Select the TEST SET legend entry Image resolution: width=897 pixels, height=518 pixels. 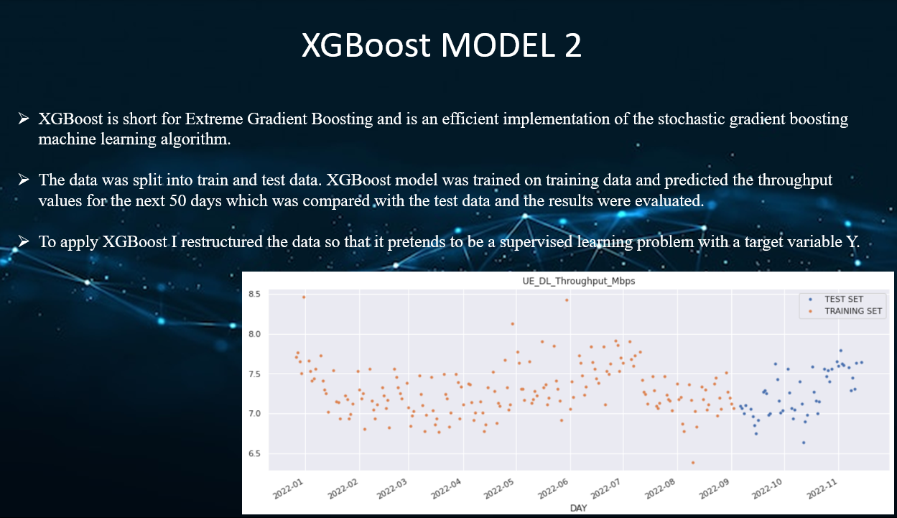(843, 299)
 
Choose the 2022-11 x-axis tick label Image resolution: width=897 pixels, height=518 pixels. (823, 488)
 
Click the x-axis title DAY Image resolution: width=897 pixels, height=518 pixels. (577, 507)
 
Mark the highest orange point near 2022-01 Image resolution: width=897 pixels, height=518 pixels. (304, 297)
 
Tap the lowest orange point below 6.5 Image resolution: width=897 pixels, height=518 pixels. (693, 463)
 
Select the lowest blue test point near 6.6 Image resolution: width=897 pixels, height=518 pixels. (804, 443)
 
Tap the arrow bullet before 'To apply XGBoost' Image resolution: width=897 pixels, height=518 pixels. (24, 241)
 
